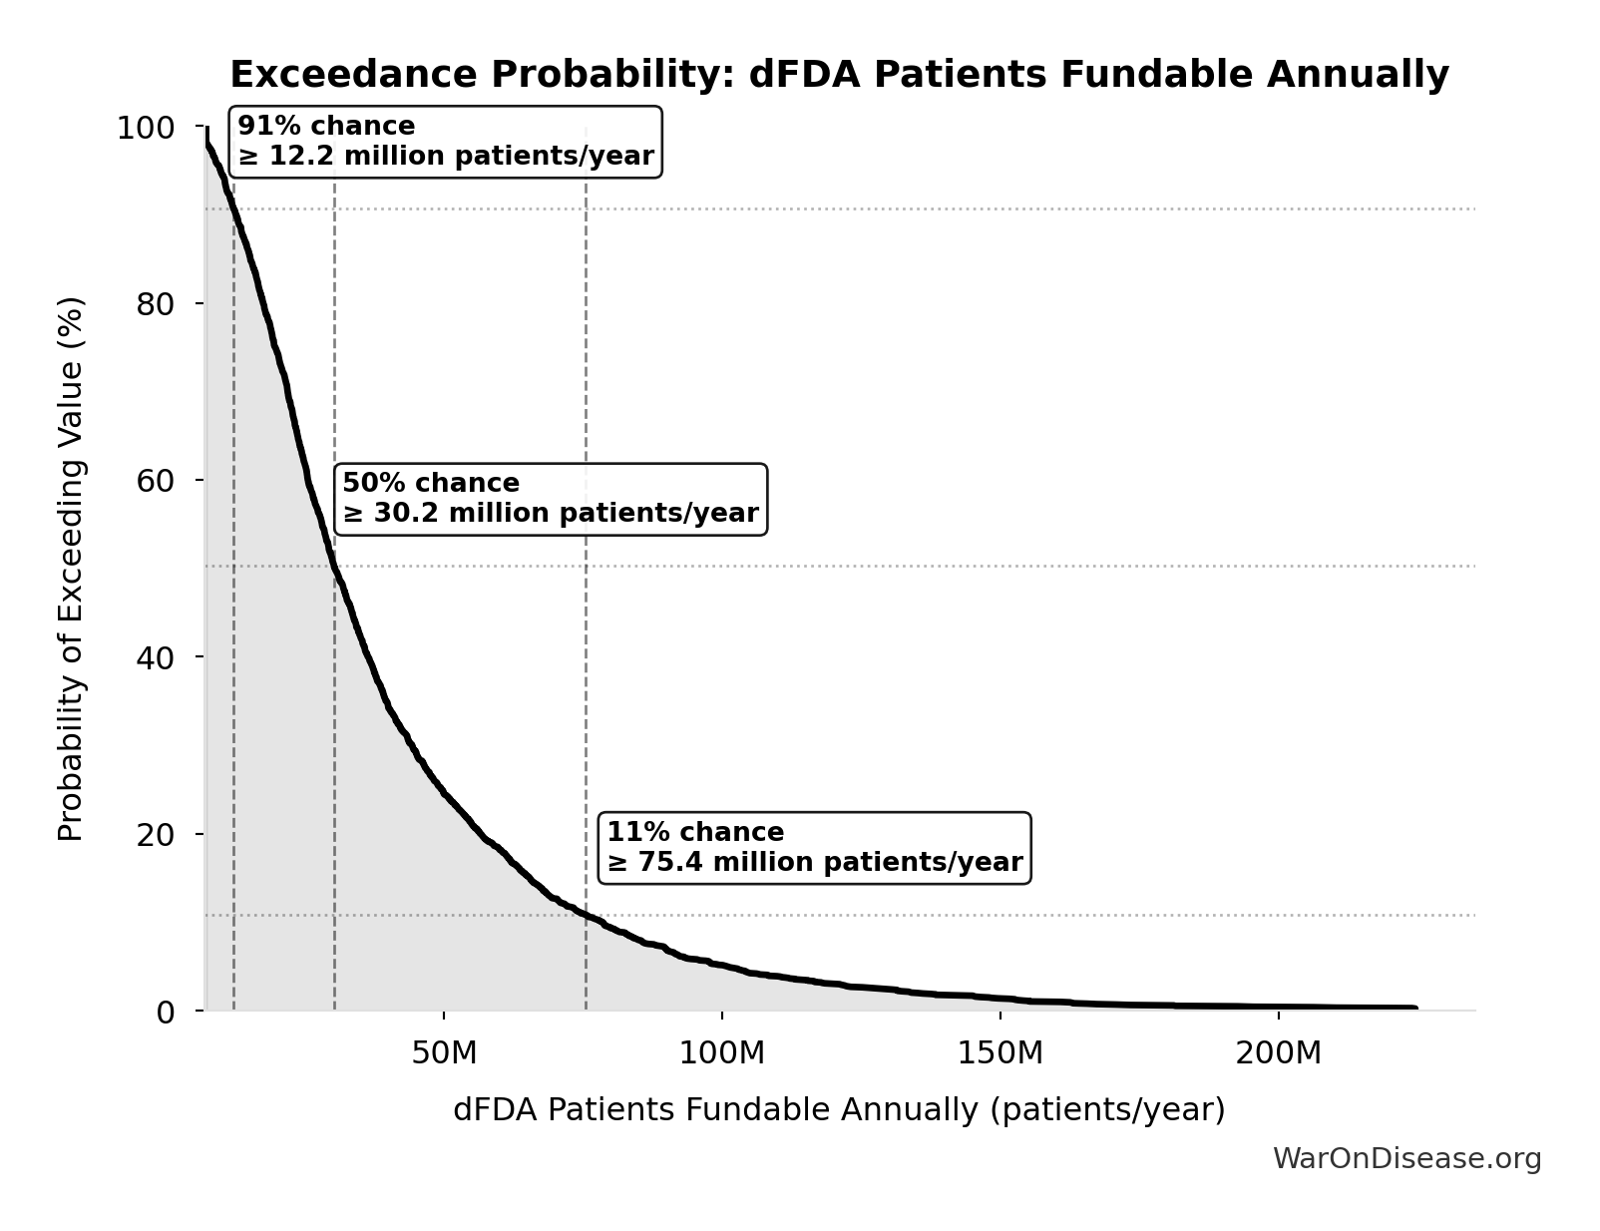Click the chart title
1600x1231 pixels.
(x=839, y=75)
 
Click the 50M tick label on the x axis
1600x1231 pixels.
(x=444, y=1053)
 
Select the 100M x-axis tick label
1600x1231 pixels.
(x=722, y=1053)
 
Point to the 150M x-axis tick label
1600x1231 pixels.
(x=1000, y=1053)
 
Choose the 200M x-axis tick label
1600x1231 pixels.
(x=1278, y=1053)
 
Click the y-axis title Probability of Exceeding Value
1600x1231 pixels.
(x=71, y=569)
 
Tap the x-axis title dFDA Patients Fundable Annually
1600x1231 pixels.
(x=839, y=1110)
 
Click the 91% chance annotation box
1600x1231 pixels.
(x=446, y=142)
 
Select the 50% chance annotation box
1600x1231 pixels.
(x=551, y=499)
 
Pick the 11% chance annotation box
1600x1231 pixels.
(x=814, y=848)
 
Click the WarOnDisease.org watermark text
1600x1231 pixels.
(x=1406, y=1159)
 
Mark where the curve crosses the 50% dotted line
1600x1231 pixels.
(x=334, y=566)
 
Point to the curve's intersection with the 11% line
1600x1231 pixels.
(x=586, y=915)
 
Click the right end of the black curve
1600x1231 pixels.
(x=1414, y=1008)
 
